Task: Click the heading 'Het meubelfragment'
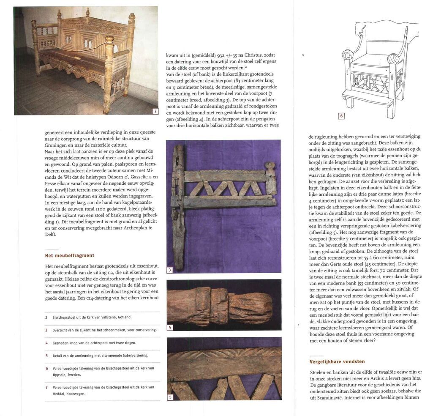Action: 69,255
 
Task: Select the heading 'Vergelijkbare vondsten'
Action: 337,361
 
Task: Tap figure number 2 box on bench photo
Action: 155,111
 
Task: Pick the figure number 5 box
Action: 170,397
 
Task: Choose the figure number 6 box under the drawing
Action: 341,116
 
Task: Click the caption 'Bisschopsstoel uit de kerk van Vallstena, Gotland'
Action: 92,317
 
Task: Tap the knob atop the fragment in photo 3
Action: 270,166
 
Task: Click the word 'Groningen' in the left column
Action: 59,144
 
